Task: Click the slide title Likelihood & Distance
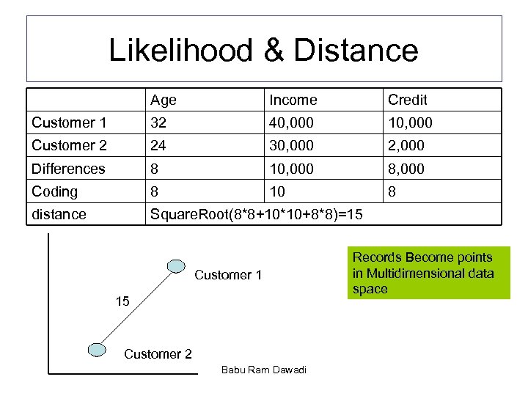click(263, 50)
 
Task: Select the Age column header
click(164, 100)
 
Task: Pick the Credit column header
click(407, 100)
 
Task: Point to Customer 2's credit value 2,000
click(406, 145)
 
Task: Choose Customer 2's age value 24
click(158, 145)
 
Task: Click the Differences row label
click(68, 169)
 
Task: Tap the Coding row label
click(54, 191)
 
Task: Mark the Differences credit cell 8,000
click(406, 169)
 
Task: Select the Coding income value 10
click(278, 191)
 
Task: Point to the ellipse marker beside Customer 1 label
click(175, 265)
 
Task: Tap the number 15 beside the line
click(123, 301)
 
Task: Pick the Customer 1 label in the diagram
click(228, 275)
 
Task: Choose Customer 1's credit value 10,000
click(410, 122)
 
